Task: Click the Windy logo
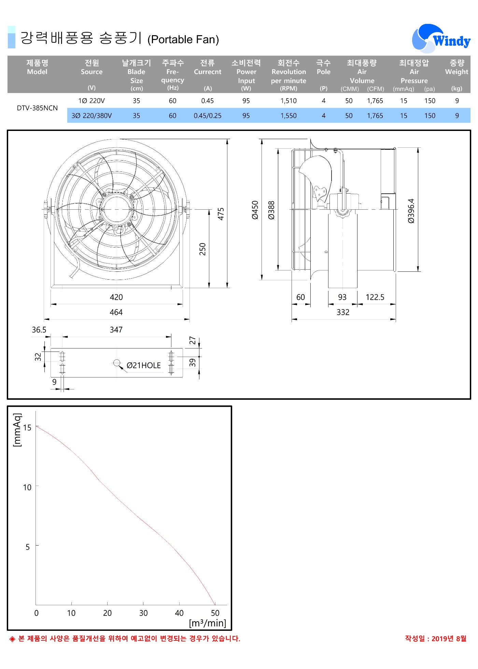pos(441,39)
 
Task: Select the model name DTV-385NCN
pos(37,108)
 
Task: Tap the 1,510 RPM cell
pos(289,101)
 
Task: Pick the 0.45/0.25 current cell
pos(207,116)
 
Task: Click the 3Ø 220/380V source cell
pos(92,116)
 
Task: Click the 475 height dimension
pos(221,214)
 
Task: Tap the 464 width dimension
pos(116,312)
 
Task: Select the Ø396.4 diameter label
pos(411,211)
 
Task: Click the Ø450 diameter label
pos(255,210)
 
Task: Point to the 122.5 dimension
pos(375,297)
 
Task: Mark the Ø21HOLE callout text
pos(143,366)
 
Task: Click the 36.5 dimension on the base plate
pos(39,330)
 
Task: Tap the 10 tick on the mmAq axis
pos(27,487)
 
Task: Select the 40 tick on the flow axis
pos(179,613)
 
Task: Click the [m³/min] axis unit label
pos(208,623)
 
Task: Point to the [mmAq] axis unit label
pos(17,430)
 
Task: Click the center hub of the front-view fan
pos(116,209)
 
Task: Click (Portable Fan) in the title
pos(183,40)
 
